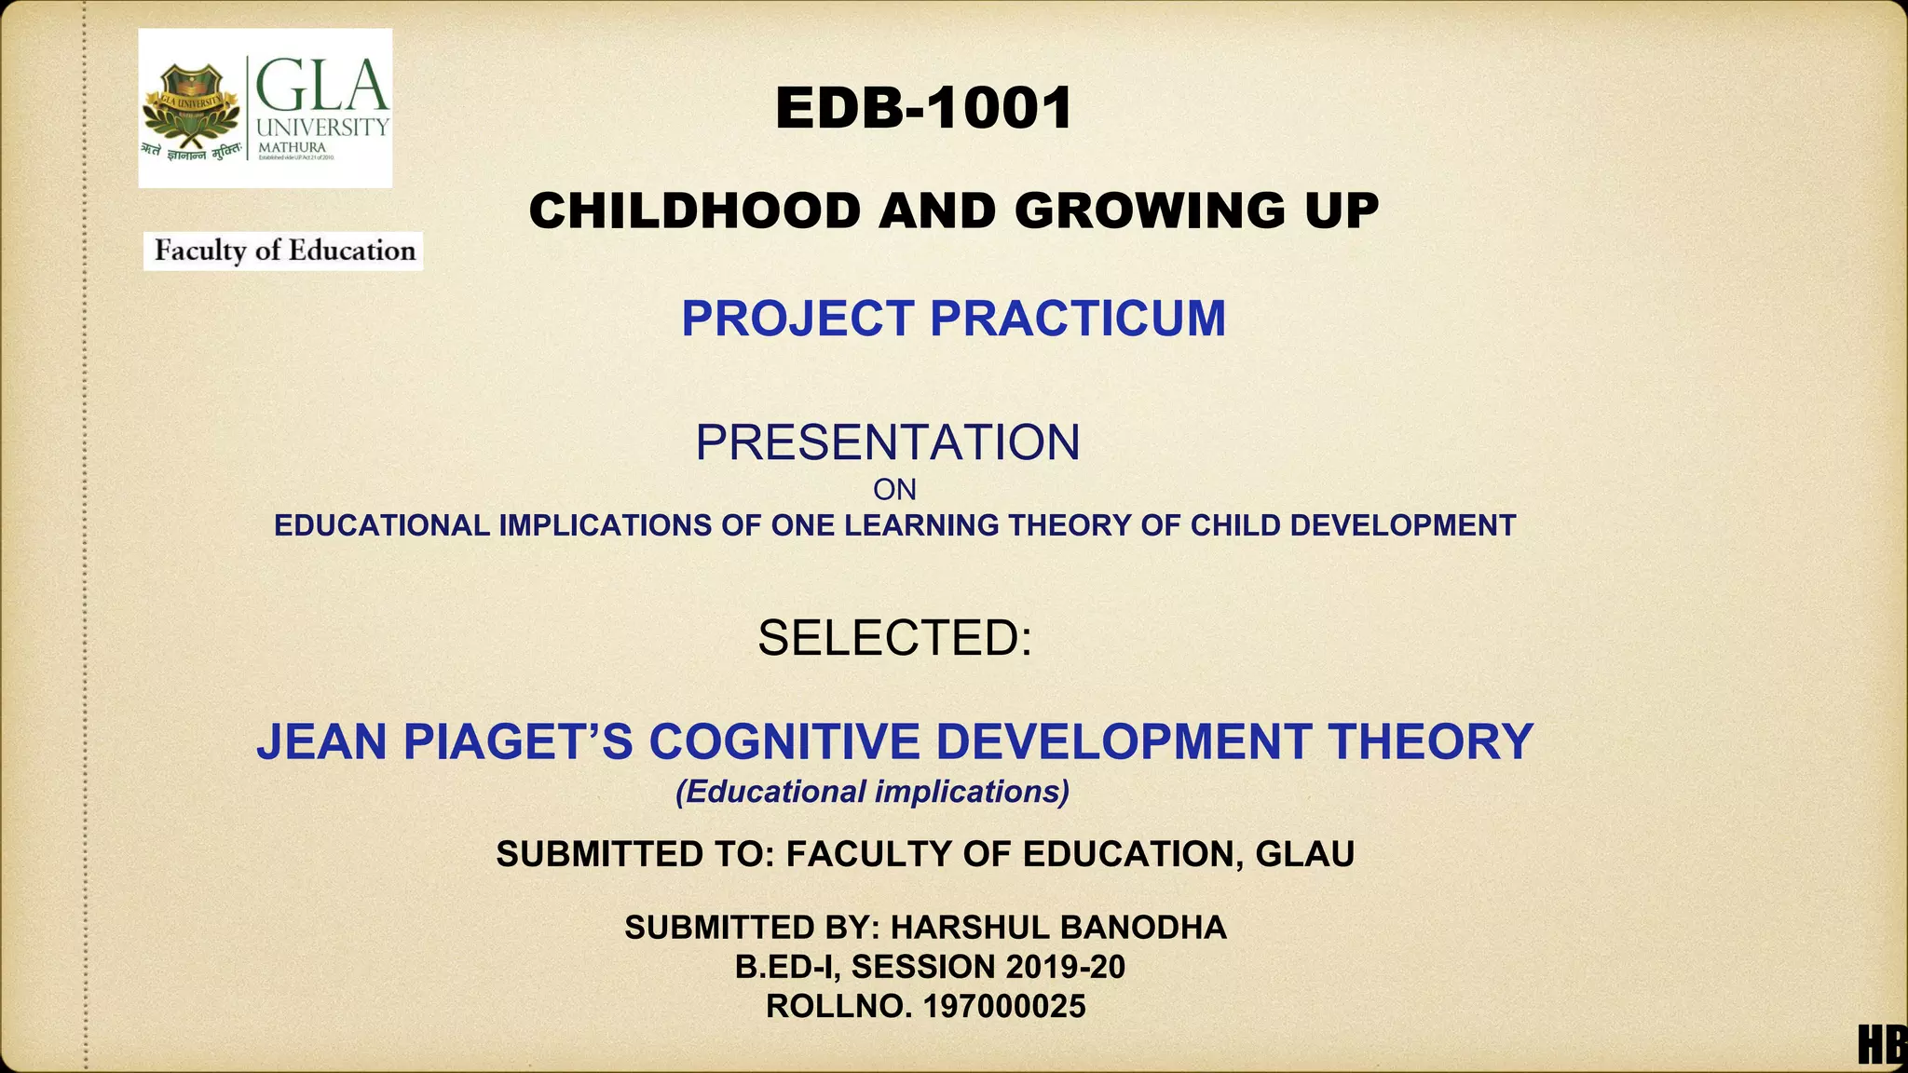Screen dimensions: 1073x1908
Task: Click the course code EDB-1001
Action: tap(923, 108)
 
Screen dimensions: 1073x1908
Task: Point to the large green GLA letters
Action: tap(321, 85)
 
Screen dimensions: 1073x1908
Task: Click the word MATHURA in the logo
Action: tap(292, 148)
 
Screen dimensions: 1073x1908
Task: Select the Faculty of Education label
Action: tap(284, 251)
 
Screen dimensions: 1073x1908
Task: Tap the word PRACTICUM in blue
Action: tap(1078, 319)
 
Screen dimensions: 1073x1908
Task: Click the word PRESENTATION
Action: tap(887, 442)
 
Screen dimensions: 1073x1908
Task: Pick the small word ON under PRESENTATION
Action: tap(894, 490)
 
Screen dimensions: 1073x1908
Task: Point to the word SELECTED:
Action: tap(894, 639)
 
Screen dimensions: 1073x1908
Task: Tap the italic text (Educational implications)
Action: tap(872, 792)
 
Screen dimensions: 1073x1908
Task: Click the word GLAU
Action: tap(1304, 854)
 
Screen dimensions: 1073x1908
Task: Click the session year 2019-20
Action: tap(1065, 967)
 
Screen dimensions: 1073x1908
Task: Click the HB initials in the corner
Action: tap(1882, 1044)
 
